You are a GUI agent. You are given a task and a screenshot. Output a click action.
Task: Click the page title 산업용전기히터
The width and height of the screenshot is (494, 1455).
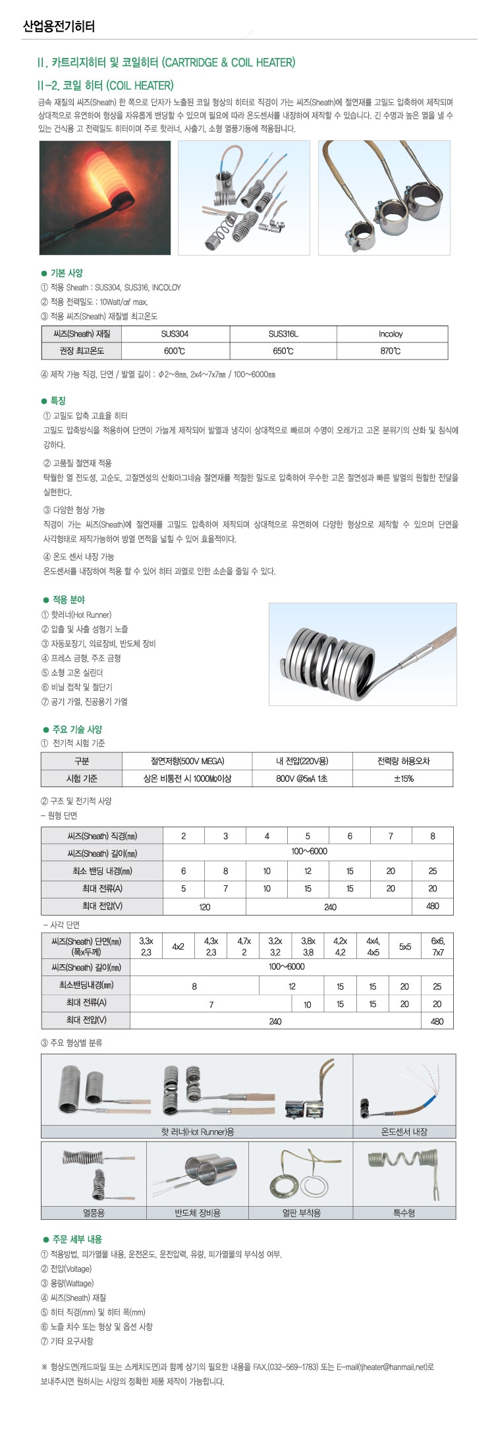(59, 26)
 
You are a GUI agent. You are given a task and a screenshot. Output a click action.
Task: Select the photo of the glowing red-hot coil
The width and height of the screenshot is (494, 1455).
(105, 198)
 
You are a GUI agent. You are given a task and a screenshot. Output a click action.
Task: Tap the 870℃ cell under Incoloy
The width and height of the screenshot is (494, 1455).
(390, 351)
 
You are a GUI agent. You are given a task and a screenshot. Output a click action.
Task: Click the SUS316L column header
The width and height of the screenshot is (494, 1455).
(283, 334)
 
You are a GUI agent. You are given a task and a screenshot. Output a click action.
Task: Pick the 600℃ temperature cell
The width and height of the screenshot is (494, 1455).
(175, 351)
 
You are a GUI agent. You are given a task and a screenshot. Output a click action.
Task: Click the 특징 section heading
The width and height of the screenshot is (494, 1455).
(58, 400)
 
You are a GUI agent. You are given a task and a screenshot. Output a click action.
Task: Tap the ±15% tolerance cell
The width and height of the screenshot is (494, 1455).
(403, 779)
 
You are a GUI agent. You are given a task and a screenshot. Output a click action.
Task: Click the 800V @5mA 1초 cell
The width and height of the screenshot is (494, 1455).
(302, 779)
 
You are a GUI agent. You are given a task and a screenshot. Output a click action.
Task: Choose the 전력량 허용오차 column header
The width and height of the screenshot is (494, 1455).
(403, 761)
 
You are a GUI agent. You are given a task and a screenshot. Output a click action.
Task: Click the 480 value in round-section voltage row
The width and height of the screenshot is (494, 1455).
(432, 906)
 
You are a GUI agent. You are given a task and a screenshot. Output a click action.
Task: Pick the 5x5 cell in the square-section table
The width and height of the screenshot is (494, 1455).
(404, 947)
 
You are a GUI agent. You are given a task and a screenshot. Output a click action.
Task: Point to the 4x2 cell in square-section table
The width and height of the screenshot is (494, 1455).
(178, 947)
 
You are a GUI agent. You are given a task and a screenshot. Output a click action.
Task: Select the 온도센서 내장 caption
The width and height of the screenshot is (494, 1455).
(404, 1132)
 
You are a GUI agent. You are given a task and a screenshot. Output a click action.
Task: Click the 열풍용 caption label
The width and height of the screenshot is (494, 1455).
(94, 1213)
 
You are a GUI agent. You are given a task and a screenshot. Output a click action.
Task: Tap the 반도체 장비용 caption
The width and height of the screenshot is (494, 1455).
(197, 1213)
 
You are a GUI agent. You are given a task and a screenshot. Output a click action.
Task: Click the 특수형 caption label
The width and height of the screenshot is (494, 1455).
(404, 1213)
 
